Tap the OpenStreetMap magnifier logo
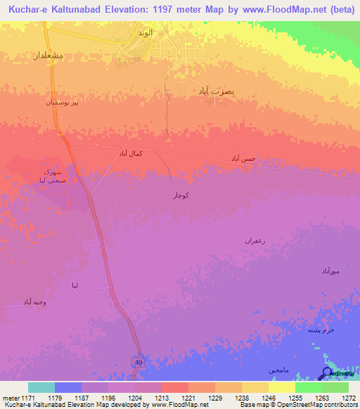tap(327, 373)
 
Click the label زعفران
tap(254, 240)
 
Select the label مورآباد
tap(330, 271)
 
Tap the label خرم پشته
tap(321, 330)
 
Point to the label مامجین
tap(278, 370)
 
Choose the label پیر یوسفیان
tap(56, 102)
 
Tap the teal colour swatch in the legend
tap(41, 387)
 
